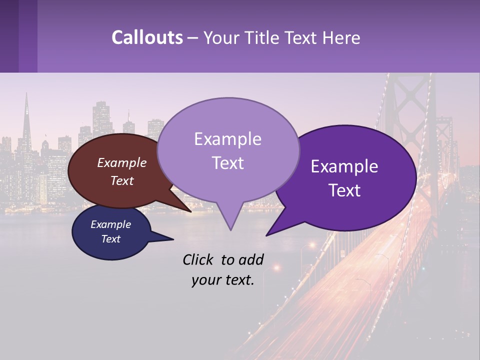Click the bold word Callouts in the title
(x=147, y=37)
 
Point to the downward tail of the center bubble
(x=229, y=220)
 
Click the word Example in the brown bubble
(x=122, y=162)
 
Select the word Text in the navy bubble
(x=111, y=239)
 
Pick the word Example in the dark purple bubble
(x=344, y=166)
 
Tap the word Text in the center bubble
(x=228, y=163)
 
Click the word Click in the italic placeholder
(x=199, y=259)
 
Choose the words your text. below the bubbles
(x=223, y=280)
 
